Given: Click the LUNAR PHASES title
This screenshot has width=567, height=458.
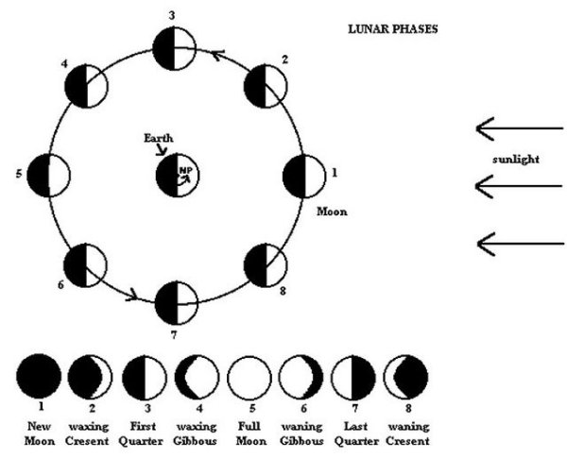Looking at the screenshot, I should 393,28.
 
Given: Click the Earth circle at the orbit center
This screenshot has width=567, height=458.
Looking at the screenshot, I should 180,176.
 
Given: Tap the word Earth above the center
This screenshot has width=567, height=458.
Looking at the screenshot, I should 158,139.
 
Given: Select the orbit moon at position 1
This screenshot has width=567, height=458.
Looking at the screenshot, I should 304,177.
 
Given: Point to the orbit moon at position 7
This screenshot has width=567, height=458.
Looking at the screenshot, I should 176,302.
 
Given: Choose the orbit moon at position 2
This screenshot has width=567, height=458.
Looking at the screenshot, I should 265,88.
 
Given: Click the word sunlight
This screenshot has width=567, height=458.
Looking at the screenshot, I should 515,159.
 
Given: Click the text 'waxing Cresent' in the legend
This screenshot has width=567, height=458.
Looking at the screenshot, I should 91,433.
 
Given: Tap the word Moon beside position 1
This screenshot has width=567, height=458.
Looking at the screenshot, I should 332,212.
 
